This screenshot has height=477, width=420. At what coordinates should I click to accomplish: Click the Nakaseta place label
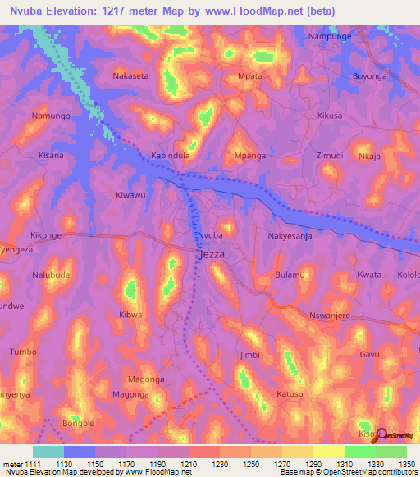tap(130, 75)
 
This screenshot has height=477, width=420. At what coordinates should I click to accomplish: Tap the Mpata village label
tap(249, 76)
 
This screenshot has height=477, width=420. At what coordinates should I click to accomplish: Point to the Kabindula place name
tap(171, 155)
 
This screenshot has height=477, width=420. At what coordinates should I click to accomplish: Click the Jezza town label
tap(212, 255)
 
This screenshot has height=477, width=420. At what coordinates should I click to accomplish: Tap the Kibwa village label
tap(131, 315)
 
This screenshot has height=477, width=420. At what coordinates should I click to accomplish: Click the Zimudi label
tap(329, 155)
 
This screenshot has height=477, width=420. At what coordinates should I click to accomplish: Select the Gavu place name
tap(369, 354)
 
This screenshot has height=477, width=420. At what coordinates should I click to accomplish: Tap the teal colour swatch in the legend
tap(48, 452)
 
